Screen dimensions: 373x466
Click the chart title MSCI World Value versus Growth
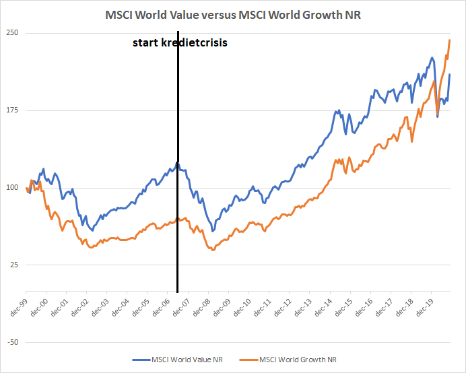(x=233, y=15)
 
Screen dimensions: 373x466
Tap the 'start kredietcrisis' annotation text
(x=180, y=42)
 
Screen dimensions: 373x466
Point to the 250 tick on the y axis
(x=12, y=33)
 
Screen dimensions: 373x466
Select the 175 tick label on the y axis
(x=12, y=110)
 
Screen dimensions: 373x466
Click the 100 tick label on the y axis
(x=12, y=188)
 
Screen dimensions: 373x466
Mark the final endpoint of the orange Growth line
(x=450, y=40)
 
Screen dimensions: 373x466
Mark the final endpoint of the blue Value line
(x=450, y=74)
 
